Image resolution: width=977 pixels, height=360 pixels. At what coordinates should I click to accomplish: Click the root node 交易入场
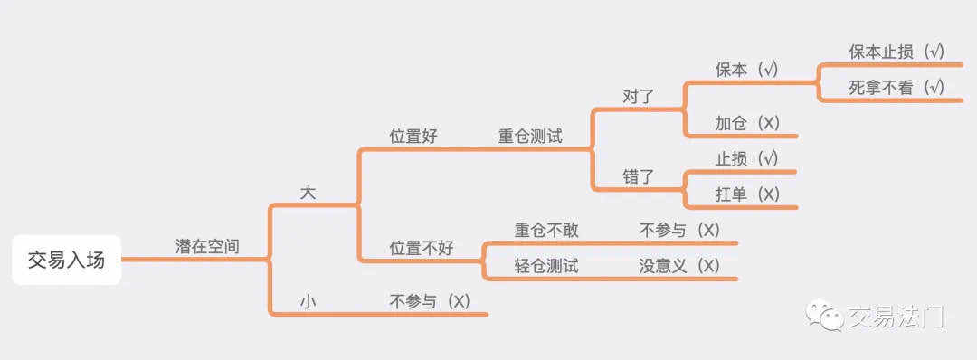[67, 260]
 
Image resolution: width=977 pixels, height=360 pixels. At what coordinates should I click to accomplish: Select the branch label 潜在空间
[207, 247]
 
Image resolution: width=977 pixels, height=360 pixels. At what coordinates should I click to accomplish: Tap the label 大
[308, 193]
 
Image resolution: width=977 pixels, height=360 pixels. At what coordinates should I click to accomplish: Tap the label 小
[308, 302]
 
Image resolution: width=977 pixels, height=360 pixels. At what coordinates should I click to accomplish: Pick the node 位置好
[413, 137]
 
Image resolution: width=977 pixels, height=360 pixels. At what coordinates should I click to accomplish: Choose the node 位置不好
[422, 249]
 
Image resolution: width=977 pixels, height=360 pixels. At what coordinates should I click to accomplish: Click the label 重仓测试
[530, 137]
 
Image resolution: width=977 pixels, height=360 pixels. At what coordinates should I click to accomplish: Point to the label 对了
[639, 97]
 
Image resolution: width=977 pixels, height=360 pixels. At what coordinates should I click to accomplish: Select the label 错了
[639, 177]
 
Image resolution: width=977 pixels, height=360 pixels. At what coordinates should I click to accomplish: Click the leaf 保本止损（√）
[896, 52]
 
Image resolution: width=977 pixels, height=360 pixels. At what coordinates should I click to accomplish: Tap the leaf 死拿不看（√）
[896, 88]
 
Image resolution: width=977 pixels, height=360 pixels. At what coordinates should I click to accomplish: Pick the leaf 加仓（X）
[747, 123]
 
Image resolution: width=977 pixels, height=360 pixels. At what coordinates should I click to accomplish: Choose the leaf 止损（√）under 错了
[747, 159]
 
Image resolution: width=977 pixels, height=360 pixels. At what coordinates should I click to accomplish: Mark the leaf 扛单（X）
[747, 195]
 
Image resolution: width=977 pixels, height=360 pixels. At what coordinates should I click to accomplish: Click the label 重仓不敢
[546, 231]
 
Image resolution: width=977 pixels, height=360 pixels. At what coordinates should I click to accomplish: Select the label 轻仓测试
[546, 267]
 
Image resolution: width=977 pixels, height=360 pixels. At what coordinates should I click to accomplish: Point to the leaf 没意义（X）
[679, 267]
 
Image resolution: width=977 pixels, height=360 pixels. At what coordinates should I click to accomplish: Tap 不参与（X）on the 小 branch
[430, 302]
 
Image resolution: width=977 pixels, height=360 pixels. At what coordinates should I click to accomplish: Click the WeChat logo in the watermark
[824, 316]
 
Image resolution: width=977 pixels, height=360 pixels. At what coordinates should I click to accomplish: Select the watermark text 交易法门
[896, 317]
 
